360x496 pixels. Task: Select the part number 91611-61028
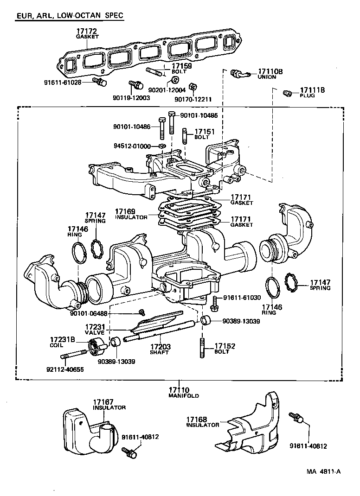[x=68, y=82]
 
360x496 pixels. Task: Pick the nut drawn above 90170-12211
[x=195, y=87]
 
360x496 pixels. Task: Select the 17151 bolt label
[x=205, y=134]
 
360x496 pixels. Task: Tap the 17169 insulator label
[x=131, y=214]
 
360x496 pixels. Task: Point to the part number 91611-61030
[x=242, y=298]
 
